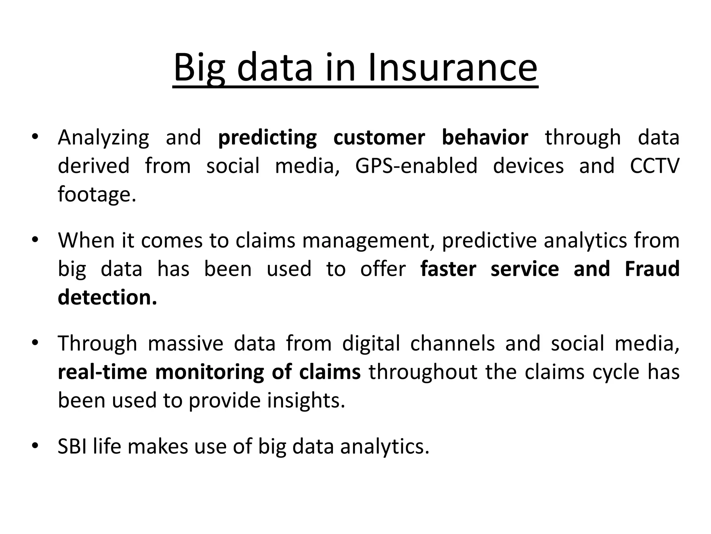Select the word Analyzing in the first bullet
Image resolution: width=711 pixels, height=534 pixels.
pos(103,138)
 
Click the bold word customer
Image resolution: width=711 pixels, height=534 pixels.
pos(379,138)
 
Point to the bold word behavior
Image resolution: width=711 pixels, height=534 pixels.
pos(485,138)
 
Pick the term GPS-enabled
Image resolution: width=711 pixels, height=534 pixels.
pos(416,166)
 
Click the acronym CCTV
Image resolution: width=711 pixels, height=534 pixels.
pos(654,166)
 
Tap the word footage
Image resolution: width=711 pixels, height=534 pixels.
pos(97,194)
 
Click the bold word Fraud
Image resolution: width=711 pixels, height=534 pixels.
pos(652,269)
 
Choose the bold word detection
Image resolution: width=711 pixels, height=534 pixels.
pos(107,298)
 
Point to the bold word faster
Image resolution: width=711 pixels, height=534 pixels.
pos(448,269)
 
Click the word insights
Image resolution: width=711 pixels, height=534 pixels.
pos(306,400)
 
